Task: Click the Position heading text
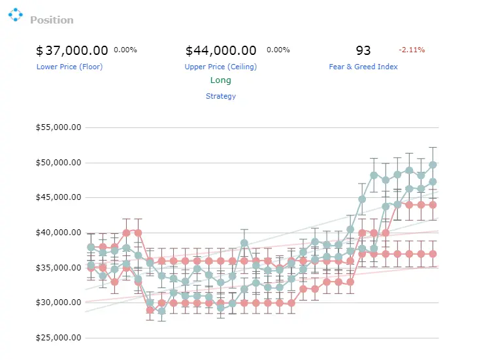52,20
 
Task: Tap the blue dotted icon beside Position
16,14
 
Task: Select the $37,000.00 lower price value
72,50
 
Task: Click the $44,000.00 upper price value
221,50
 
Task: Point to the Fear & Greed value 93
363,50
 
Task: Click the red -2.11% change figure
412,50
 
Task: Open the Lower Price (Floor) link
69,67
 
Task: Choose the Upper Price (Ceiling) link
221,67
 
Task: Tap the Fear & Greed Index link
363,67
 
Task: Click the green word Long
221,80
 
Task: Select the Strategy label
221,97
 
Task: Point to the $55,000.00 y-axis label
58,127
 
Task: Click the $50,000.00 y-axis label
58,163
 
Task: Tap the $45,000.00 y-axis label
58,197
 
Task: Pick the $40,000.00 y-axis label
58,233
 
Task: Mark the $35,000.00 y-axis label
58,268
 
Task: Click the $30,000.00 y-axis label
58,303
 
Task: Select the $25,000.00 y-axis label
58,338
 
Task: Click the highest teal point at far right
433,165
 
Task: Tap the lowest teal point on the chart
162,312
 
